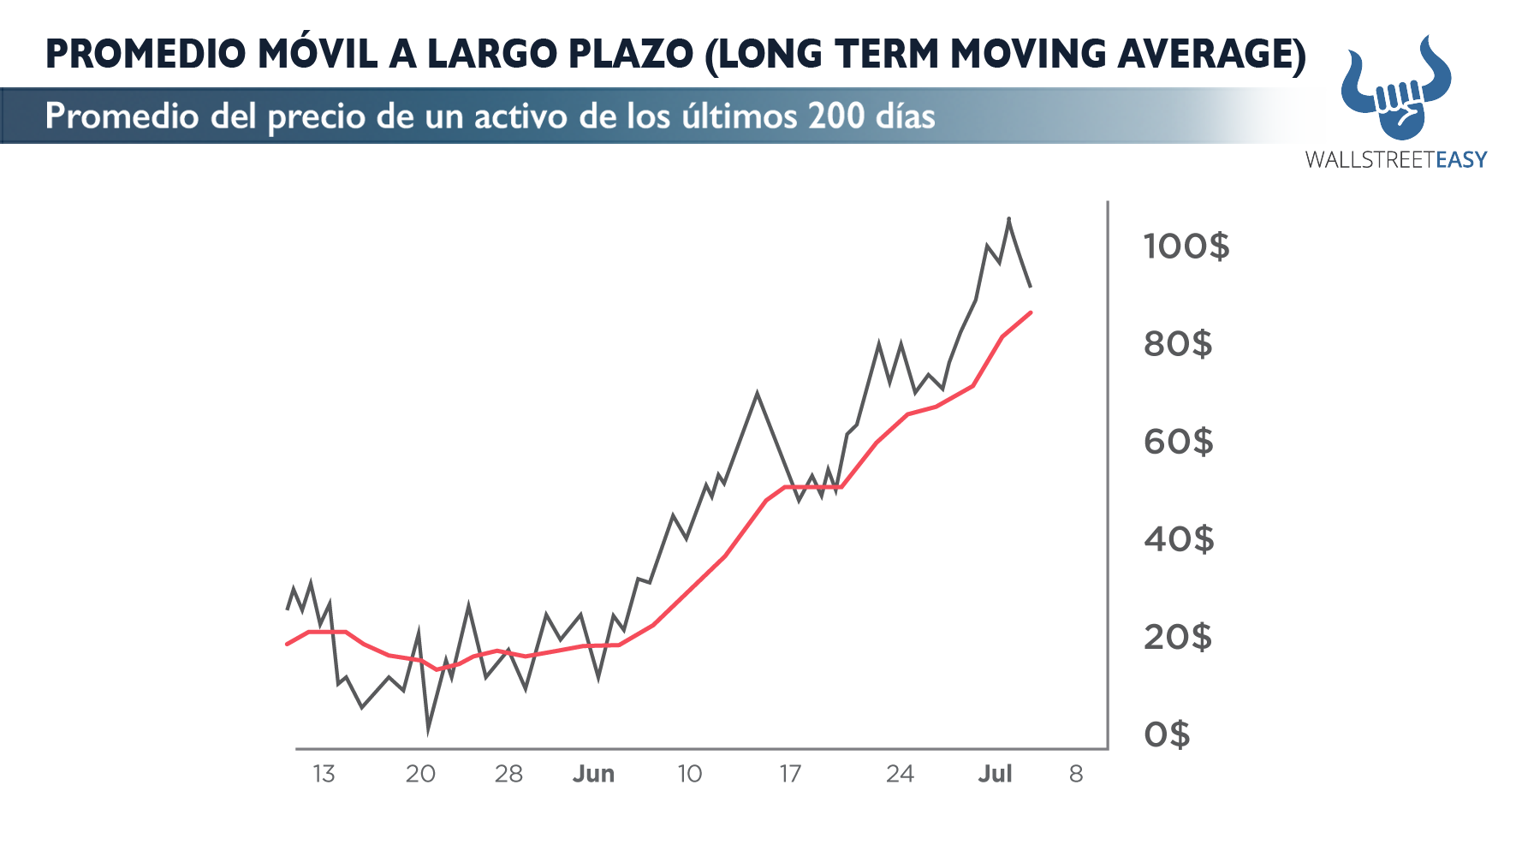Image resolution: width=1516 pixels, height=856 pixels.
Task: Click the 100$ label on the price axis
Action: [1186, 247]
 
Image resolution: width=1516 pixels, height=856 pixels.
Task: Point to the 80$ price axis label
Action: [1178, 344]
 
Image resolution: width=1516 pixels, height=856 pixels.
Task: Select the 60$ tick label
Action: [1178, 442]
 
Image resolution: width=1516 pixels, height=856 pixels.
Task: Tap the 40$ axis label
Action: [1178, 539]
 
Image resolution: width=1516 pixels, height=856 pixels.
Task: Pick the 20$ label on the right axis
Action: [1178, 637]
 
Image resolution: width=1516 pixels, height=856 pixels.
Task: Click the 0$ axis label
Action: [1167, 734]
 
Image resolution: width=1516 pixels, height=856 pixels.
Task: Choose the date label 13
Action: [324, 774]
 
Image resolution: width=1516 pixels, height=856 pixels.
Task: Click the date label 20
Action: [420, 774]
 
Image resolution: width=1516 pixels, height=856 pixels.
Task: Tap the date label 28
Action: [508, 774]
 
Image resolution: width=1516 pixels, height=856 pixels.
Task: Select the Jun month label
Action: [593, 774]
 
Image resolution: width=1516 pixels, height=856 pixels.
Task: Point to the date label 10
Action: [689, 774]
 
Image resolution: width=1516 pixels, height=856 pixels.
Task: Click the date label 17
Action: [789, 774]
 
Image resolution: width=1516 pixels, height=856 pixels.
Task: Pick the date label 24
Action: [900, 774]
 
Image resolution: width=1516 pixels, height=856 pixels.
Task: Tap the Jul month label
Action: [995, 774]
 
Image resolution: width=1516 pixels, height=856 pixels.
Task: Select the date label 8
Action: [1076, 774]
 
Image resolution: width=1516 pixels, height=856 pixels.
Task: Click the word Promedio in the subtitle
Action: [122, 116]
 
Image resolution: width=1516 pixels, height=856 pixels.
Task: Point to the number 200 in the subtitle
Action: [835, 116]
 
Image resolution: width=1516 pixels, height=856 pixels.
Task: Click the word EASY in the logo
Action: [1461, 159]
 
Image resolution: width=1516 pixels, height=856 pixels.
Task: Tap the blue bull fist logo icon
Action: [1396, 90]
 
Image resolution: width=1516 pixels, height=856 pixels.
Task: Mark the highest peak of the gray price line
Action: [1008, 219]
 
